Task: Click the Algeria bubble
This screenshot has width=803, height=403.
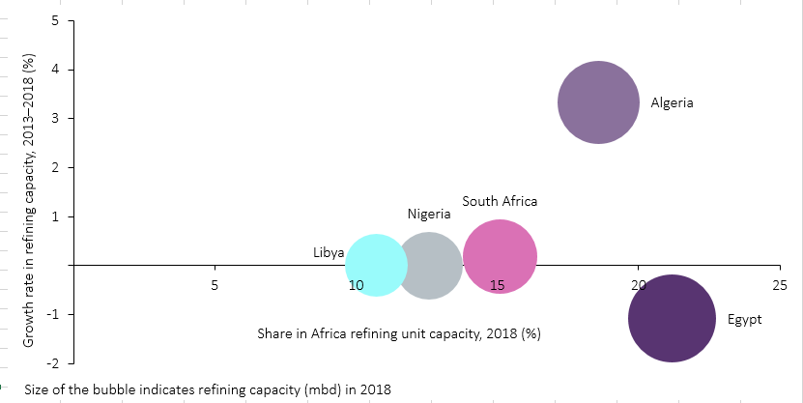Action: click(x=598, y=102)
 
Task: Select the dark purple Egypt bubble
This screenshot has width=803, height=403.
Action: click(x=672, y=319)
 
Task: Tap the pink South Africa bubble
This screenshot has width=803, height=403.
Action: click(x=500, y=256)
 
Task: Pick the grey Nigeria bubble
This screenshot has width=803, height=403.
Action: click(x=429, y=266)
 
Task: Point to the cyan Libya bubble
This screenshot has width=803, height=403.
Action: click(x=376, y=264)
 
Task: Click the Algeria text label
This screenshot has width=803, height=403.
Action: click(x=672, y=102)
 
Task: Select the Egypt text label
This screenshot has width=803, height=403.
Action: click(x=744, y=319)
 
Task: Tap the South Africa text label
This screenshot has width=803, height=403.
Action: click(x=500, y=201)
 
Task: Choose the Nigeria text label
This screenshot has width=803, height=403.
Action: click(x=429, y=214)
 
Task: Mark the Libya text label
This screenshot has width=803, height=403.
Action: click(x=329, y=252)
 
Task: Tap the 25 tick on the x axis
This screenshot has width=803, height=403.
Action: click(x=779, y=285)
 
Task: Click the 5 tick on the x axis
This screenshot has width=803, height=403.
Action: click(x=214, y=285)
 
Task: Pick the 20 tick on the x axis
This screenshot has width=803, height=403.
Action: click(x=638, y=285)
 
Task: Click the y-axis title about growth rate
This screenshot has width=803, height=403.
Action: click(x=29, y=200)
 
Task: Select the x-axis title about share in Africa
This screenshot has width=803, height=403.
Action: click(x=398, y=334)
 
